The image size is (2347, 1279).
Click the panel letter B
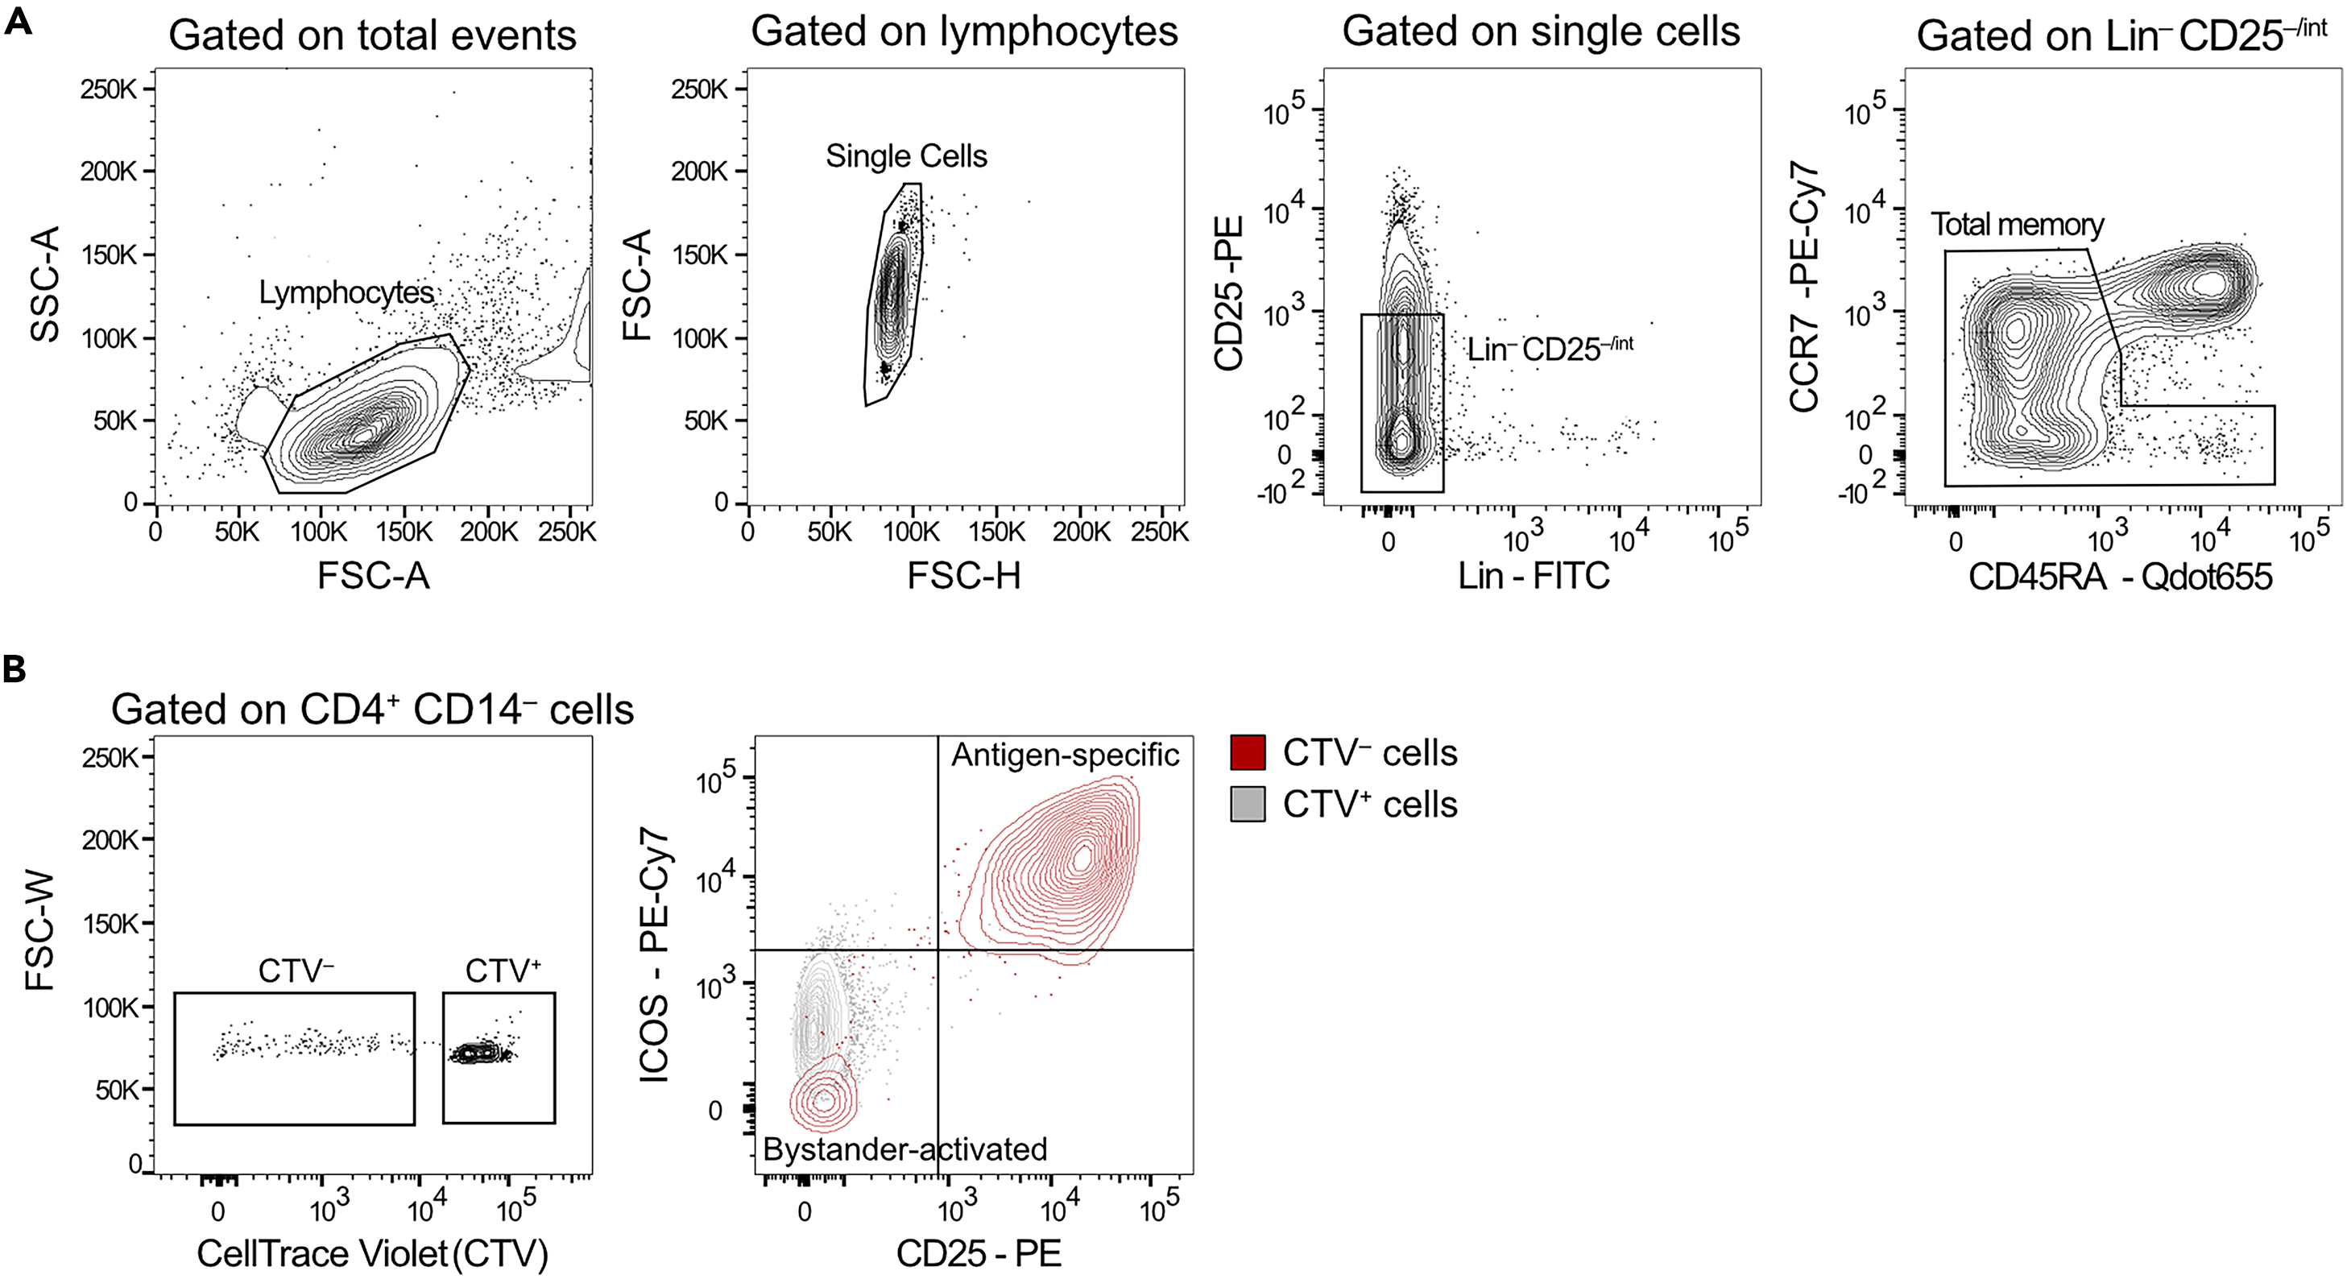point(14,669)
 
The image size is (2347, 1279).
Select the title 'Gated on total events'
point(372,35)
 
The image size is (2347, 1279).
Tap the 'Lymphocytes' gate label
point(346,292)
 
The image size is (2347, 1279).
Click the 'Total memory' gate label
point(2018,224)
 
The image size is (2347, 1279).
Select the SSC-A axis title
point(44,284)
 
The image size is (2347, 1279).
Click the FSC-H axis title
point(963,576)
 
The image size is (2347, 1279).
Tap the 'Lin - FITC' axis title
point(1534,576)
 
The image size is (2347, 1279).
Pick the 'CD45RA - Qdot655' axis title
point(2120,577)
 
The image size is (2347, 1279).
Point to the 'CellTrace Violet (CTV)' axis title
point(372,1253)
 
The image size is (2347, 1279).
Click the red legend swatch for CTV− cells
point(1248,752)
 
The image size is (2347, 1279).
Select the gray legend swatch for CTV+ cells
point(1248,805)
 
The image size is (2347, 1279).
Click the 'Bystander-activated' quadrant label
point(904,1149)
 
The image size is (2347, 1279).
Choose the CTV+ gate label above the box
point(502,971)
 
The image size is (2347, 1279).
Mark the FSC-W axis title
point(40,931)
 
